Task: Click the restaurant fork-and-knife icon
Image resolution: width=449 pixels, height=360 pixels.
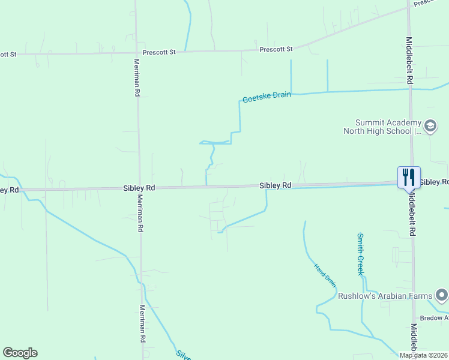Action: coord(409,176)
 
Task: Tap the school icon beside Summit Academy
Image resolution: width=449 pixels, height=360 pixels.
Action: coord(430,126)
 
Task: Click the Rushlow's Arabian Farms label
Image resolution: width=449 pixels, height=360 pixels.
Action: coord(385,296)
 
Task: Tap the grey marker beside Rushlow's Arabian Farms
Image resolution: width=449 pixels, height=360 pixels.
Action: coord(442,295)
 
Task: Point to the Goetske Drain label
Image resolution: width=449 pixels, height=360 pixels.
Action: coord(267,97)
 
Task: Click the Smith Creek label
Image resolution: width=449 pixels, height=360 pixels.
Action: coord(360,254)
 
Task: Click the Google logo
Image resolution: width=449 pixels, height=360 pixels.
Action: coord(20,353)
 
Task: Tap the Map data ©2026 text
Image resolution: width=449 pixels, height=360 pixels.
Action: coord(423,355)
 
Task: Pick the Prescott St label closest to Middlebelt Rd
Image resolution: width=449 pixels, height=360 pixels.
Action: coord(276,49)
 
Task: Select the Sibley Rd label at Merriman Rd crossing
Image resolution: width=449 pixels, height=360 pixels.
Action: coord(139,188)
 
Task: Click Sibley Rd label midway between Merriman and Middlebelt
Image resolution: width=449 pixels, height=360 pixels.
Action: coord(276,185)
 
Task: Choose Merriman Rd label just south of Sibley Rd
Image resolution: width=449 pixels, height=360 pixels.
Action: coord(140,213)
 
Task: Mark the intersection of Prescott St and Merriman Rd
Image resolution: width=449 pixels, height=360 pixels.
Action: coord(136,53)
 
